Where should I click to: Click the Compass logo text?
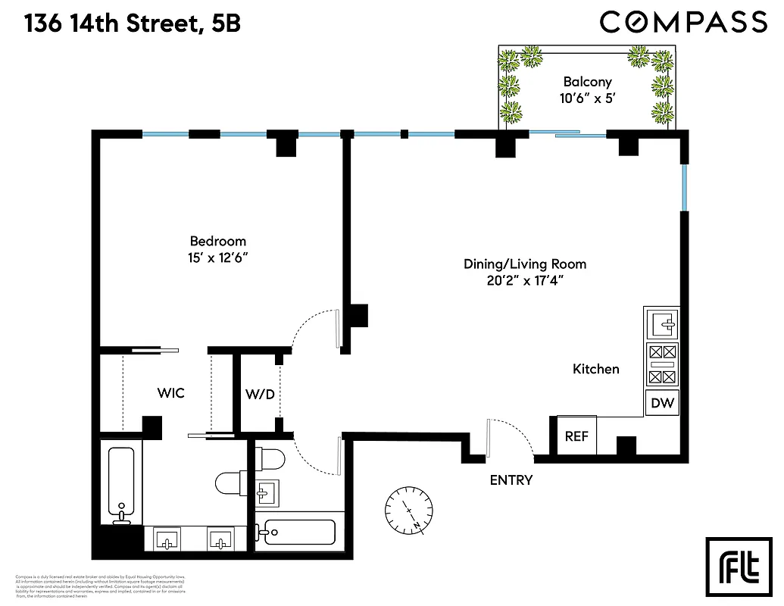(x=683, y=22)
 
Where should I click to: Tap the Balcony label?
(x=586, y=82)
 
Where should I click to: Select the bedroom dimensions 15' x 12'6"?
(x=218, y=258)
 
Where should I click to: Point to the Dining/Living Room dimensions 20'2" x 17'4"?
(x=525, y=280)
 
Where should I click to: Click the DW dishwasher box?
(x=663, y=404)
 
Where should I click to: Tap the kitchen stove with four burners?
(x=663, y=364)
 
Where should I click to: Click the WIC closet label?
(x=170, y=393)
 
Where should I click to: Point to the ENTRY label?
(x=511, y=479)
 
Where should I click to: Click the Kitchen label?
(x=595, y=369)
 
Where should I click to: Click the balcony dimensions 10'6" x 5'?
(x=586, y=98)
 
